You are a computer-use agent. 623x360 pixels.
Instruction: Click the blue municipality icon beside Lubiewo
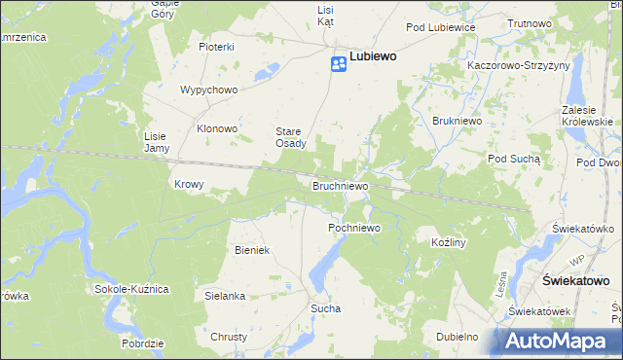338,64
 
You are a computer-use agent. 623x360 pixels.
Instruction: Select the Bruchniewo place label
339,184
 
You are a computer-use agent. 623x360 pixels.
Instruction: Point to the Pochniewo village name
352,228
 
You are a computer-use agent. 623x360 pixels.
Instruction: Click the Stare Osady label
291,137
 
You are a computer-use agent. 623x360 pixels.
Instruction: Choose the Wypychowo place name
208,90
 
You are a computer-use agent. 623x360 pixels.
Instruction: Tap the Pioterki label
216,47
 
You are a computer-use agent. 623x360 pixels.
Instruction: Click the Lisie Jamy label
157,142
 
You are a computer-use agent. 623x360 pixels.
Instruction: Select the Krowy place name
188,184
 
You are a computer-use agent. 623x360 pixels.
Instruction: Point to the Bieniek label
251,250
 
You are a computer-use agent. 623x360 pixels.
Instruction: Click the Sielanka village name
224,295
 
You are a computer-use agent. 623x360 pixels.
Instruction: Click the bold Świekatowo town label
574,280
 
